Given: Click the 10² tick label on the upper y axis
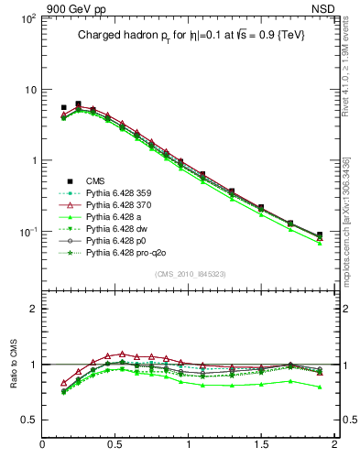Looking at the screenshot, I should point(27,18).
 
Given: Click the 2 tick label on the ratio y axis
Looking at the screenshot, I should point(33,309).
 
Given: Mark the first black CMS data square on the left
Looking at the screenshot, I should point(63,108).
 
